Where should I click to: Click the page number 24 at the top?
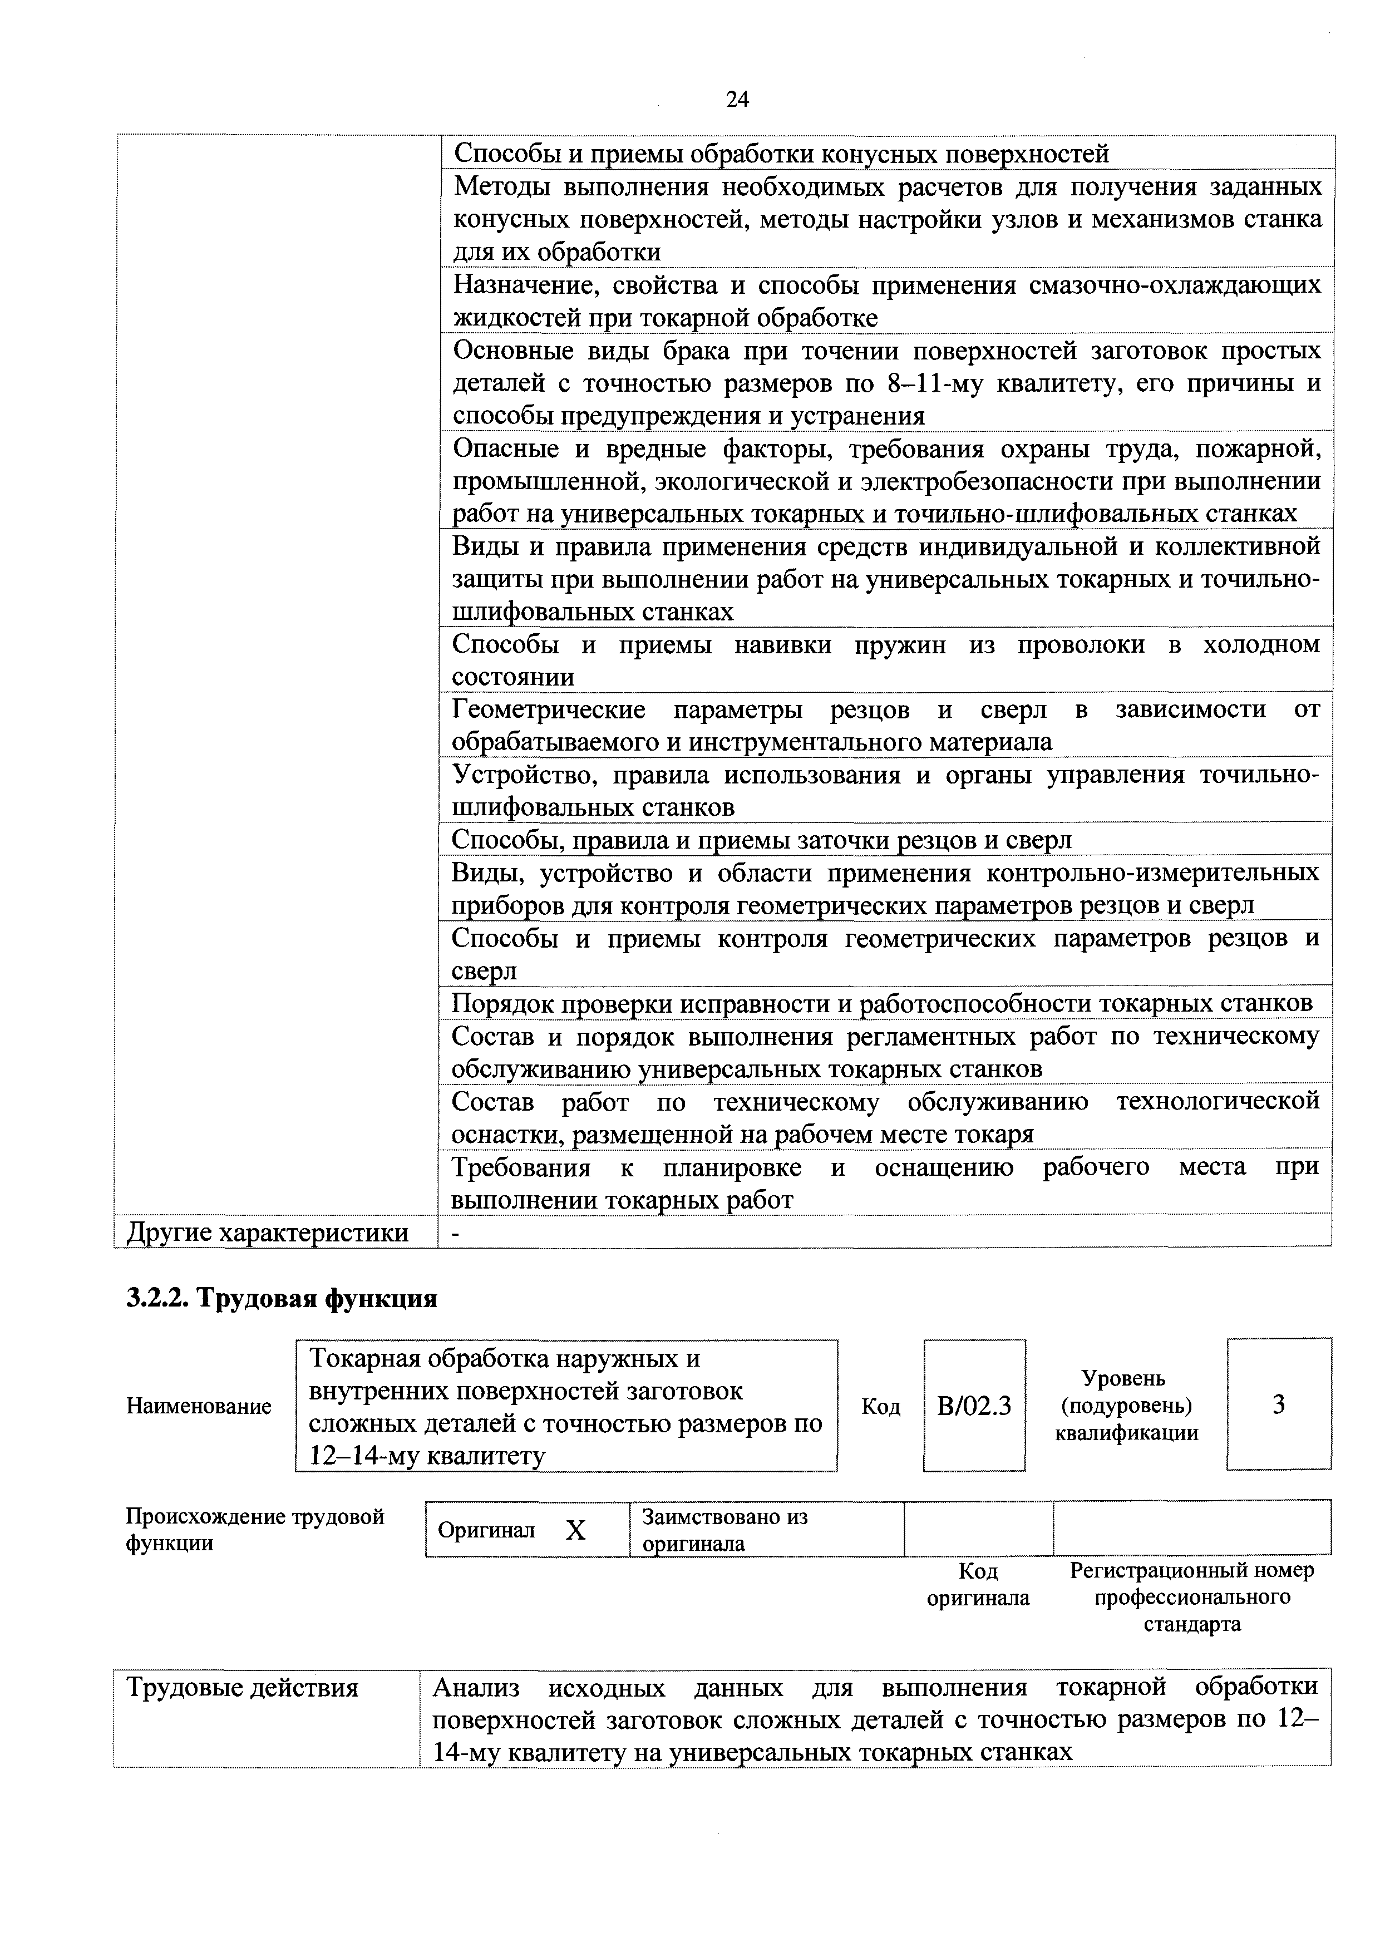point(737,100)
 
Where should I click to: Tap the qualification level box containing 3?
point(1278,1406)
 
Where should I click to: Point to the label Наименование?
point(199,1406)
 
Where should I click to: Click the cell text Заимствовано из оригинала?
point(724,1530)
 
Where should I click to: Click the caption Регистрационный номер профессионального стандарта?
point(1191,1598)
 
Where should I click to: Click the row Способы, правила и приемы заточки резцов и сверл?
point(761,840)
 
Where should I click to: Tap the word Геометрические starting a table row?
point(549,709)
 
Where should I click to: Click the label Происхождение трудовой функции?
point(255,1530)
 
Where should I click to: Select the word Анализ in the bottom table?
point(476,1688)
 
